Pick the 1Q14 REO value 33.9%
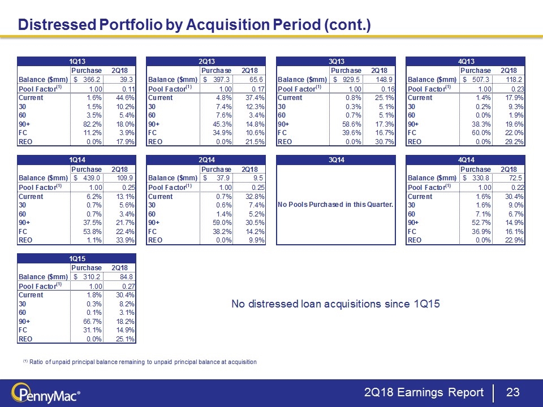click(x=125, y=240)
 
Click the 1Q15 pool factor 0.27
click(x=126, y=286)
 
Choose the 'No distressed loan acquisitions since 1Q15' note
click(x=335, y=305)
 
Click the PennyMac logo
click(x=48, y=392)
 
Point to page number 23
click(x=512, y=392)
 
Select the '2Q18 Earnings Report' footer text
click(x=424, y=392)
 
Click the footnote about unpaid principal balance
click(x=139, y=362)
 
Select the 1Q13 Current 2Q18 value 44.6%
click(x=125, y=98)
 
